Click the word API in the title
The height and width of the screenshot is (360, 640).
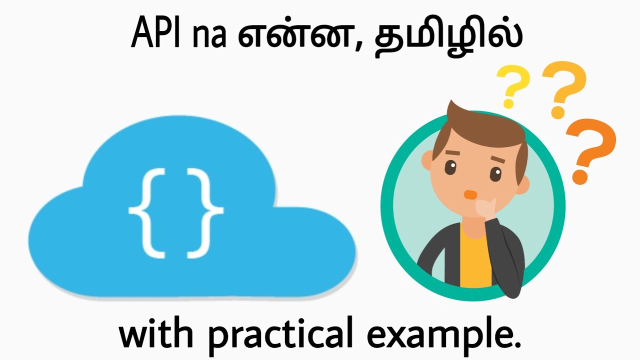click(156, 33)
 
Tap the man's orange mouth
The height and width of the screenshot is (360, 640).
click(469, 193)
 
